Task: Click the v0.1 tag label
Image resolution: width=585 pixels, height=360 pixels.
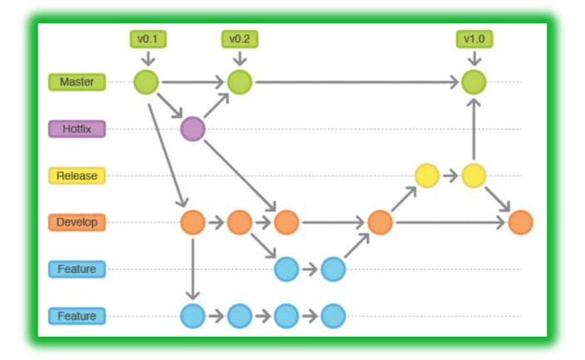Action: point(146,39)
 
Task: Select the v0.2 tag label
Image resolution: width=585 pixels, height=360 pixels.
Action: point(239,39)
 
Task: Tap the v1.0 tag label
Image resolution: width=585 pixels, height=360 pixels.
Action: point(473,39)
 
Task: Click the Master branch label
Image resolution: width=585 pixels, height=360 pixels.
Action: point(77,82)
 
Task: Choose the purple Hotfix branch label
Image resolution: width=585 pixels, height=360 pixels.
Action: point(77,129)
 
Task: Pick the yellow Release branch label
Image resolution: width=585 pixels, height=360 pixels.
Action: point(77,175)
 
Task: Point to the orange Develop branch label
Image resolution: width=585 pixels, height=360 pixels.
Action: point(77,222)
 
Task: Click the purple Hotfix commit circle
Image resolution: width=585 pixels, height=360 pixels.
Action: point(193,129)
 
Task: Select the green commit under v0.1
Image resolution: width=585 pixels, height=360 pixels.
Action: point(146,82)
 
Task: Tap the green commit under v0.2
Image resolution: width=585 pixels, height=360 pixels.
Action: point(239,82)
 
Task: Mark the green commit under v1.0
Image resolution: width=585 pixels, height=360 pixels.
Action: point(473,82)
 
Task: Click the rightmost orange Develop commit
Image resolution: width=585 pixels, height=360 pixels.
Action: point(520,222)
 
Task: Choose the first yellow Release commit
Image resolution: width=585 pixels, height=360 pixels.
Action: point(426,175)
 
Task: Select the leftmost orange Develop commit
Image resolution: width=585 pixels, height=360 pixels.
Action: point(193,222)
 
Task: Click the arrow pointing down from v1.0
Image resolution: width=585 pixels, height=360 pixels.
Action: point(473,58)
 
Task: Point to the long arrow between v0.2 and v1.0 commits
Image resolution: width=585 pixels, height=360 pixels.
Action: point(357,82)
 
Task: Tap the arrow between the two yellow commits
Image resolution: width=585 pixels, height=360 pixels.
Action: point(450,175)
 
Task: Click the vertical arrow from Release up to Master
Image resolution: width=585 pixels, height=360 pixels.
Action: point(473,129)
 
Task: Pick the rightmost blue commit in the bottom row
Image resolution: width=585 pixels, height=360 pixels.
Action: point(333,316)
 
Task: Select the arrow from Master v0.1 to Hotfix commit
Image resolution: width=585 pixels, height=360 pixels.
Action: point(170,106)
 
